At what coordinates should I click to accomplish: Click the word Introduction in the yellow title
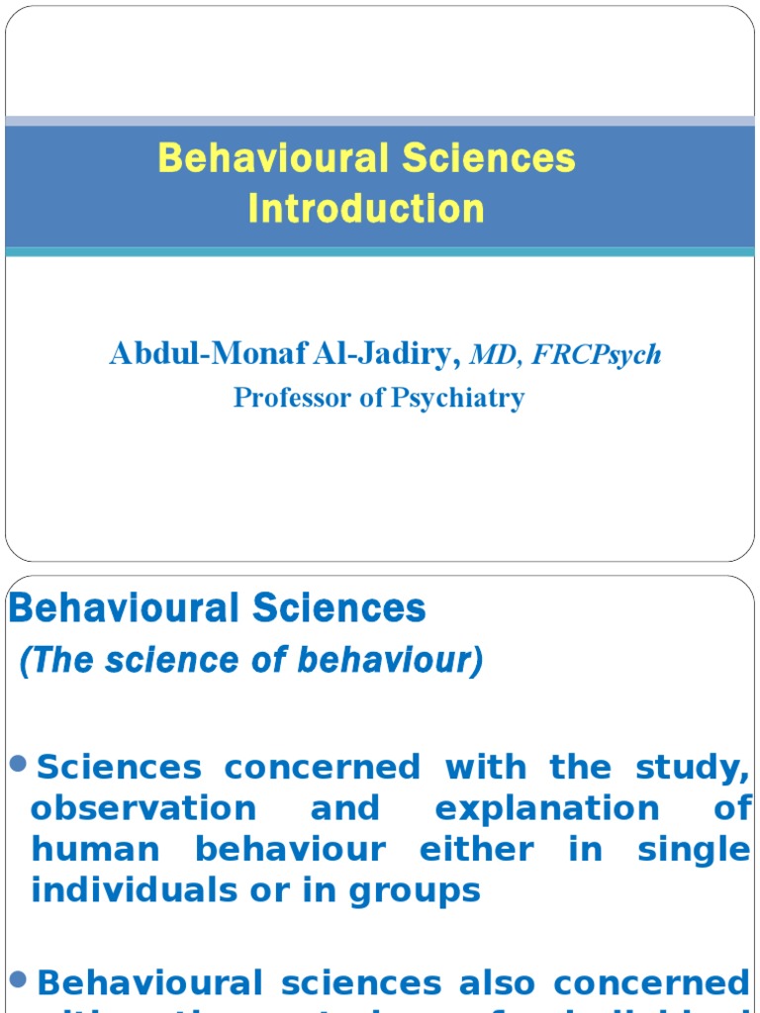366,209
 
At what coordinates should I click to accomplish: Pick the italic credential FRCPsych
597,355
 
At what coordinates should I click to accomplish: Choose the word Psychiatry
458,399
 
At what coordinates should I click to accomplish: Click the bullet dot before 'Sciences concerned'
19,763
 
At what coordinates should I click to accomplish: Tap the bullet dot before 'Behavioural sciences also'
19,979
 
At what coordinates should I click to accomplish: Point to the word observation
143,808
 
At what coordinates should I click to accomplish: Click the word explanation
547,808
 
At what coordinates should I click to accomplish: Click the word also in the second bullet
499,982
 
